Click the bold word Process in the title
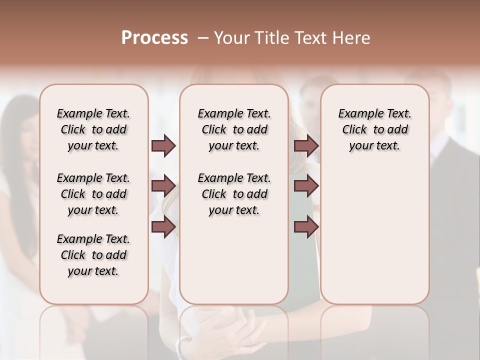point(154,38)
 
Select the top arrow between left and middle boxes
point(163,146)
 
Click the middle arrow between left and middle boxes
point(163,186)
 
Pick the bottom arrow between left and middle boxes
point(163,227)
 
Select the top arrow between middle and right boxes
point(306,146)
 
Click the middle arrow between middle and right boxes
point(306,186)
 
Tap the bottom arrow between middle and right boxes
point(306,227)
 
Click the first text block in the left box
point(93,129)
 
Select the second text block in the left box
point(93,194)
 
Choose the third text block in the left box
point(93,255)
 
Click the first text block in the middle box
point(234,129)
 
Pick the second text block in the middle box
point(234,194)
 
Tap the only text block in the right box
point(374,129)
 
